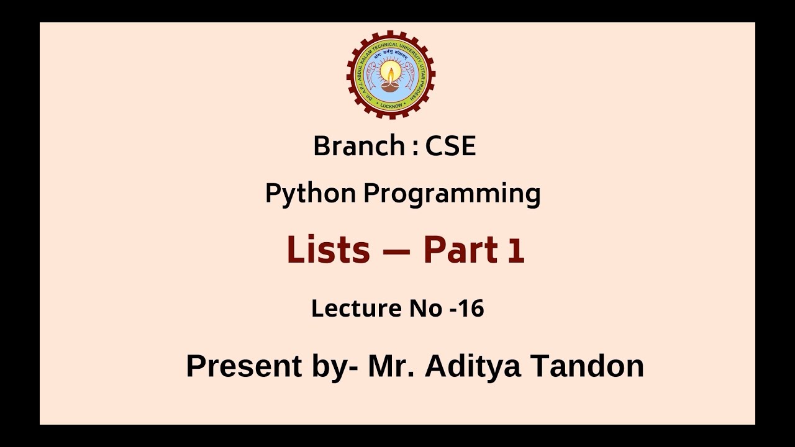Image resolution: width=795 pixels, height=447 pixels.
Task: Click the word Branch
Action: [x=358, y=147]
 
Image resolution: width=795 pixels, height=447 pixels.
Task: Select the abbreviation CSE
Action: [x=450, y=147]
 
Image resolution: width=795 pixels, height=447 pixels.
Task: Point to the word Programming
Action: [x=452, y=194]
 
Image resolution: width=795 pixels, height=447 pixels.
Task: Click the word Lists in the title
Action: [x=328, y=250]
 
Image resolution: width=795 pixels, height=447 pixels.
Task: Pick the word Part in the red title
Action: [x=460, y=250]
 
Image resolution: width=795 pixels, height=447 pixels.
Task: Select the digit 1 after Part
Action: [x=516, y=251]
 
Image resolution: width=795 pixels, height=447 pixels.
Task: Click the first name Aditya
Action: [x=473, y=366]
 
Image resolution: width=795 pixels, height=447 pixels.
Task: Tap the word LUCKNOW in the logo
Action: [x=391, y=106]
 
